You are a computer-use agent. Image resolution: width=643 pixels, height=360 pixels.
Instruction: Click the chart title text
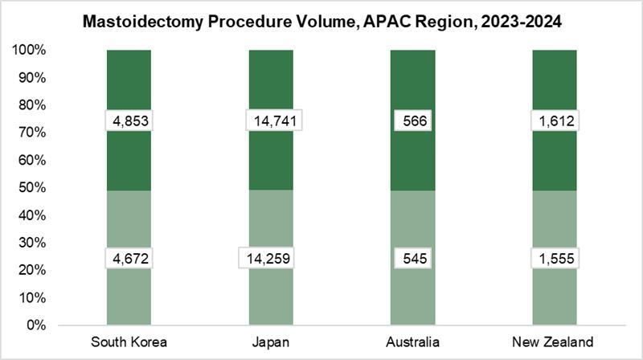[321, 22]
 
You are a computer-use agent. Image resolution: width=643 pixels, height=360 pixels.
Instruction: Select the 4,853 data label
[129, 121]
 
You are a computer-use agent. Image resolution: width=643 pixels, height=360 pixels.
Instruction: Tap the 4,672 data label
[129, 258]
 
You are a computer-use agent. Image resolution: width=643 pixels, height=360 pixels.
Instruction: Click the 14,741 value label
[271, 121]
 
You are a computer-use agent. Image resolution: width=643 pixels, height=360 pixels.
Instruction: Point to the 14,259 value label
[271, 258]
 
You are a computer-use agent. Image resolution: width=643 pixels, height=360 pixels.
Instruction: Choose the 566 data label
[413, 121]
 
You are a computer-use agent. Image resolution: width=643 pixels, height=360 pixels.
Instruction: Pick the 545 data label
[413, 258]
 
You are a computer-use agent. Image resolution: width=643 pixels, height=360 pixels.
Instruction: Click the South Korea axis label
[129, 342]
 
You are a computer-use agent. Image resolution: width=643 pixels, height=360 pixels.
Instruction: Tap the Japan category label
[271, 342]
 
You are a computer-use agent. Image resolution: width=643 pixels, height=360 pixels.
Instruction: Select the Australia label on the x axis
[413, 342]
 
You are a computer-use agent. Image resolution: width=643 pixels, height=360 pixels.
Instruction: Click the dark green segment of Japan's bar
[271, 80]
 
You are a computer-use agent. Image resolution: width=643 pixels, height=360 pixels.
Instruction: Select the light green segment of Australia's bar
[413, 297]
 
